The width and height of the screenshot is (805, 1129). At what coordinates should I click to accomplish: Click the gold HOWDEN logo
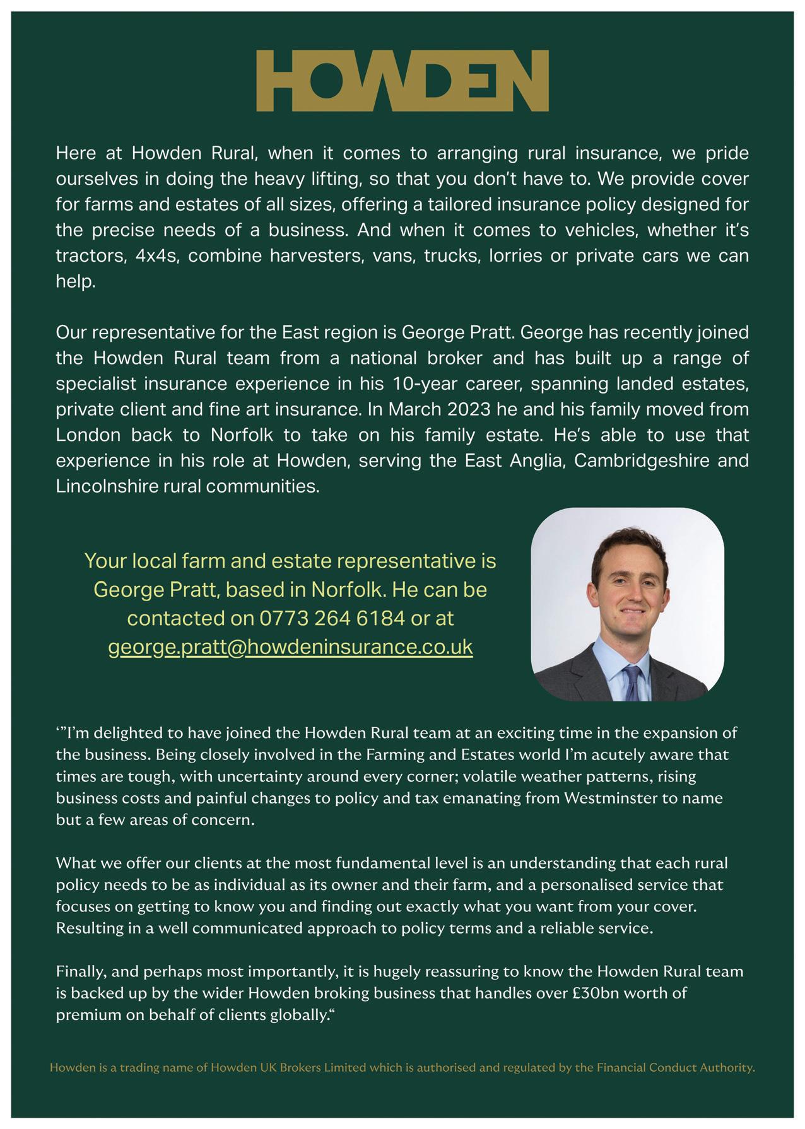coord(402,81)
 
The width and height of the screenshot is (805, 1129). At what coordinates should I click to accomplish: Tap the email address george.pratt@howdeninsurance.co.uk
coord(290,647)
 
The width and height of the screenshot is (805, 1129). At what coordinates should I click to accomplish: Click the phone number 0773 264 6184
coord(332,618)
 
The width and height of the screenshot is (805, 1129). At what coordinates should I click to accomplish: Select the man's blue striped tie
coord(632,682)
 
